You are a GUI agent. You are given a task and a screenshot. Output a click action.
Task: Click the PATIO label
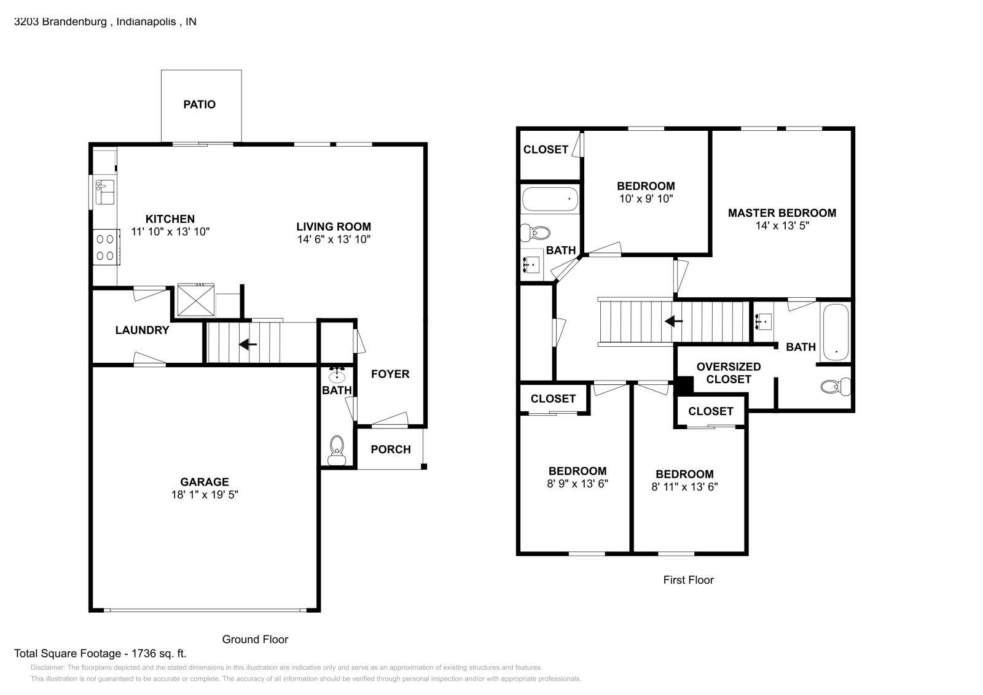tap(200, 104)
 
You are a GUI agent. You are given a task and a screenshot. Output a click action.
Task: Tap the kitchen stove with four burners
tap(106, 247)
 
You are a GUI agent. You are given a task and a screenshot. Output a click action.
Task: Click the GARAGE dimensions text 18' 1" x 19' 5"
tap(205, 494)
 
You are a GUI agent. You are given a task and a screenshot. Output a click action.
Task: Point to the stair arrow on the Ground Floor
tap(248, 344)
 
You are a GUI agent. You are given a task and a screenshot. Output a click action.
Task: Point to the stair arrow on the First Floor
tap(674, 321)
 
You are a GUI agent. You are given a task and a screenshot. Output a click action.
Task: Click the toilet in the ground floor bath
tap(337, 450)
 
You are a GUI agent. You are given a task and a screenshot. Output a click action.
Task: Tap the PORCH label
tap(391, 449)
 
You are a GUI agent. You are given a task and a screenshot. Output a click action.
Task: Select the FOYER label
tap(390, 374)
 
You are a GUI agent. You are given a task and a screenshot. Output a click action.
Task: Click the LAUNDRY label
tap(142, 330)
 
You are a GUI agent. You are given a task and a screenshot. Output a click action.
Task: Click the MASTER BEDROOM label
tap(781, 213)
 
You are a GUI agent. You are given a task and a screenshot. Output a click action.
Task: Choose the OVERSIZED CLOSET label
tap(729, 373)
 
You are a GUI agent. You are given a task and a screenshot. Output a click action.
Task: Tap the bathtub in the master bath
tap(836, 332)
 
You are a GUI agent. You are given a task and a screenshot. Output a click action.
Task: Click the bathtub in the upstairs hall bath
tap(550, 199)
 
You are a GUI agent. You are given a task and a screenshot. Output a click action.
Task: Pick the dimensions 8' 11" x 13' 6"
tap(684, 487)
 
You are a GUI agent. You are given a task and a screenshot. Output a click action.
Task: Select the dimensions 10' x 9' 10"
tap(646, 199)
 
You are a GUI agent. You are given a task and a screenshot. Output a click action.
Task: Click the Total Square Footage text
tap(100, 654)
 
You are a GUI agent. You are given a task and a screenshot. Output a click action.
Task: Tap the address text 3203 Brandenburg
tap(61, 21)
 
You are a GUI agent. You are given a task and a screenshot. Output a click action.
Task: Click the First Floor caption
tap(688, 580)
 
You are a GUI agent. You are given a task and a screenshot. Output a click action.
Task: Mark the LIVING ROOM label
tap(334, 227)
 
